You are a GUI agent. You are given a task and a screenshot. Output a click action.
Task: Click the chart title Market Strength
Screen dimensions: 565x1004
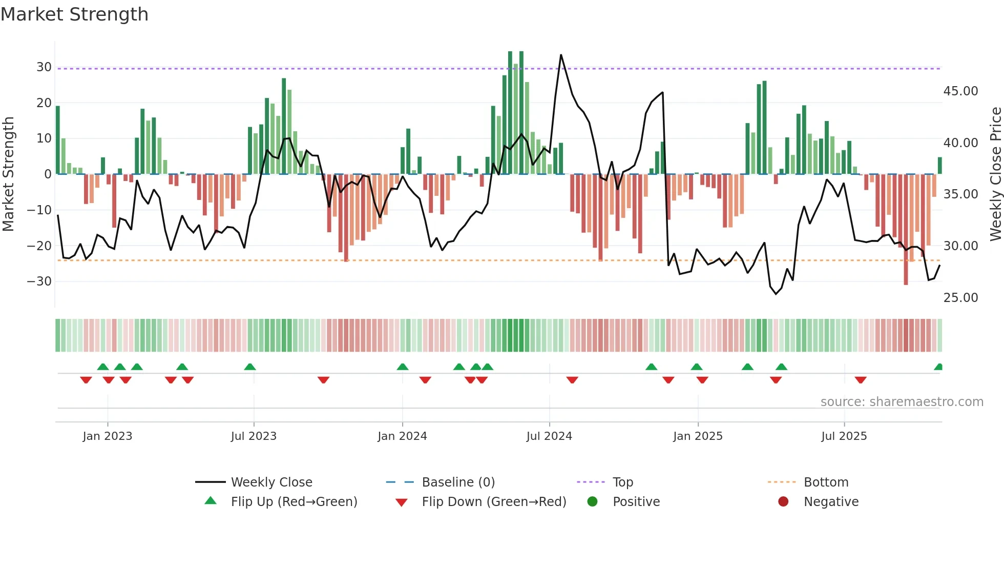click(x=74, y=14)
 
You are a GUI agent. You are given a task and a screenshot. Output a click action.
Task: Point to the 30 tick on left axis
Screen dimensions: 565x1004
click(x=44, y=67)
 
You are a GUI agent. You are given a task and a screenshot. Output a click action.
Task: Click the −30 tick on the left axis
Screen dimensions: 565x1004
click(x=39, y=281)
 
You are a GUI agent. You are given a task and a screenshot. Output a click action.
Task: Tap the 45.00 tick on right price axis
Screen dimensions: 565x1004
click(x=960, y=91)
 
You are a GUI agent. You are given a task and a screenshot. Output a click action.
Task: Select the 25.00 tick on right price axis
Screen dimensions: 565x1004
click(x=960, y=298)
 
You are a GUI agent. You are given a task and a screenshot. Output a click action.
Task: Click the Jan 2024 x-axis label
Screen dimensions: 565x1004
click(x=402, y=436)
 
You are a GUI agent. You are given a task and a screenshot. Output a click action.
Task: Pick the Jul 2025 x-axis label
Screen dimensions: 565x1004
click(x=844, y=436)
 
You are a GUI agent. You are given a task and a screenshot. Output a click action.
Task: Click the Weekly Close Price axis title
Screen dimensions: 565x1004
click(x=995, y=174)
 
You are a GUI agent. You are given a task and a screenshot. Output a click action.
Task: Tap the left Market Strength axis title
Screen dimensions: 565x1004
click(x=8, y=174)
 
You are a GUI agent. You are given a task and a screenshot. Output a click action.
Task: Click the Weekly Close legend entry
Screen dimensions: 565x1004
click(x=271, y=482)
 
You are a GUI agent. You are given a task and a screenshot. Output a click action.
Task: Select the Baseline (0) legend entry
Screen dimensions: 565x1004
click(x=458, y=482)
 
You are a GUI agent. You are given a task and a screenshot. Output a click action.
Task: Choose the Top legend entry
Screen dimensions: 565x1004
click(x=622, y=482)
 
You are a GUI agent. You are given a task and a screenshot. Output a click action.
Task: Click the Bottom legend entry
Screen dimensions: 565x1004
click(x=826, y=482)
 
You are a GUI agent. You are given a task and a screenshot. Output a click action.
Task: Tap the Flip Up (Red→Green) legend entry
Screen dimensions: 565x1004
click(x=294, y=502)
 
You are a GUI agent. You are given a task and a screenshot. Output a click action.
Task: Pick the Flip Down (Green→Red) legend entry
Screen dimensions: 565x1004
click(x=494, y=502)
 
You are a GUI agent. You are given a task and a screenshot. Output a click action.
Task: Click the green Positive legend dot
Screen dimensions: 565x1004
click(x=593, y=502)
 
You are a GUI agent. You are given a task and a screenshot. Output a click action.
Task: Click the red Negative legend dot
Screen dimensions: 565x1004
click(x=783, y=502)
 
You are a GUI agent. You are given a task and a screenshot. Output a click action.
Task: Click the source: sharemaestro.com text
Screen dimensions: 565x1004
click(x=902, y=402)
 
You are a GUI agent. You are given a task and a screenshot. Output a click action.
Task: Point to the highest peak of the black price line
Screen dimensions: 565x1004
click(x=561, y=55)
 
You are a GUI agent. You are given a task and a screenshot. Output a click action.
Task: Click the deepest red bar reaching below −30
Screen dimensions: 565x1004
click(x=906, y=256)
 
